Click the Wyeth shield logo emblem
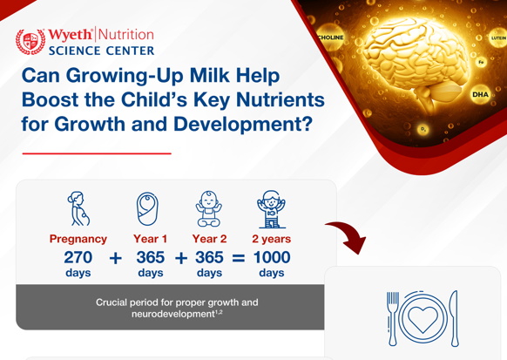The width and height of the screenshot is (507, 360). click(30, 41)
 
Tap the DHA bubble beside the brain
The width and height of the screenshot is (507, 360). click(480, 94)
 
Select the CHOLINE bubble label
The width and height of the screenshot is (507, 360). click(332, 37)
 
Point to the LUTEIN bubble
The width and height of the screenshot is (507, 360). click(497, 38)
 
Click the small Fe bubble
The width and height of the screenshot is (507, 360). click(480, 63)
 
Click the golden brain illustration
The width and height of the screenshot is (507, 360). click(409, 61)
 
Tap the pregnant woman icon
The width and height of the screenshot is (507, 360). click(78, 209)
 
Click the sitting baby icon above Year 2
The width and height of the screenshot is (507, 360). click(208, 209)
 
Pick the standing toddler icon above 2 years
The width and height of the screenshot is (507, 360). click(271, 210)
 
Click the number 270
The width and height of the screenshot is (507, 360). click(78, 258)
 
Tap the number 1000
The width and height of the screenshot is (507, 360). click(272, 258)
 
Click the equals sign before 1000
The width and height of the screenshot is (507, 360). click(238, 259)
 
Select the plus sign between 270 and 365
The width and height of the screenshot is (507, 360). click(115, 259)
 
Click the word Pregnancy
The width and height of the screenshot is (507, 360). click(78, 238)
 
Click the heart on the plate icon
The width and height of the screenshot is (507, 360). click(422, 318)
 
